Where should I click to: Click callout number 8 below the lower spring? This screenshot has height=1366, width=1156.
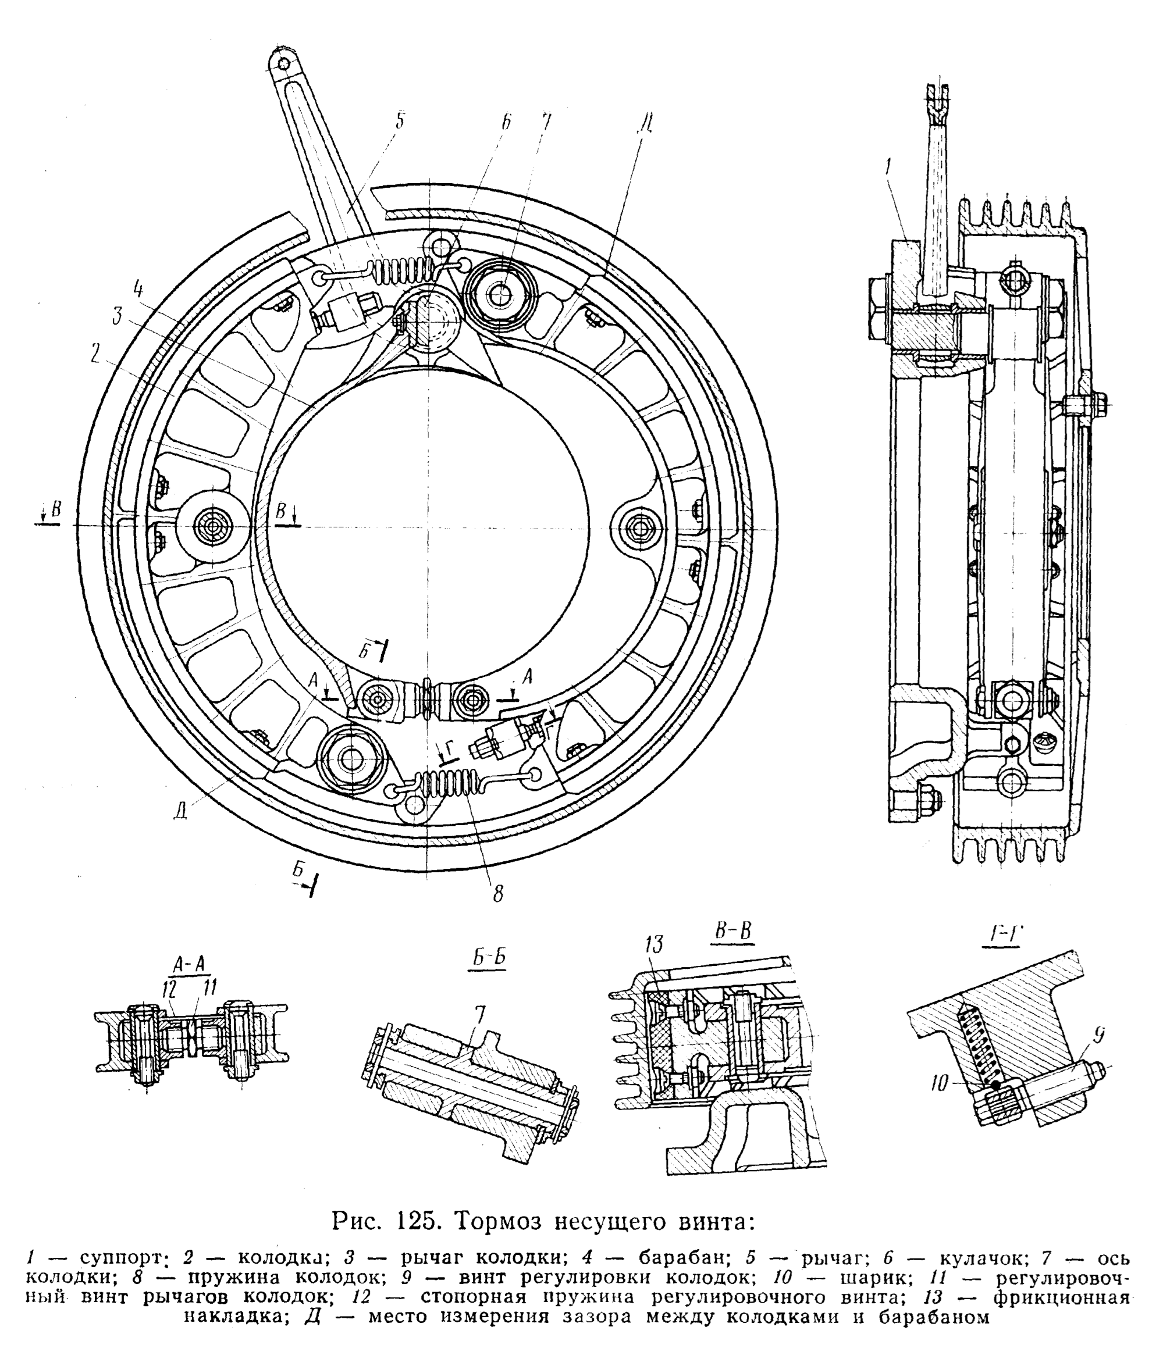pyautogui.click(x=498, y=893)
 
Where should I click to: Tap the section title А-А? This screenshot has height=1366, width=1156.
pyautogui.click(x=188, y=962)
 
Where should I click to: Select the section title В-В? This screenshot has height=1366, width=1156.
pyautogui.click(x=732, y=931)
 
